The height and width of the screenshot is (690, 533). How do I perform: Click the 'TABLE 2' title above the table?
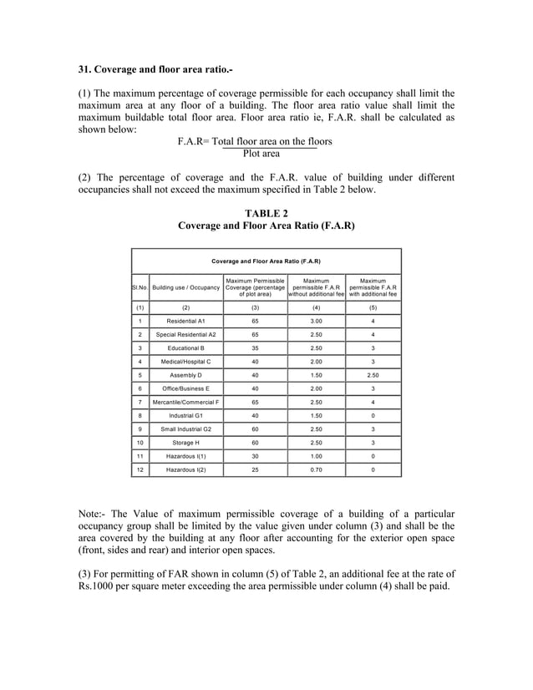266,213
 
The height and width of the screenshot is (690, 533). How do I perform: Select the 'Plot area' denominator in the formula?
261,154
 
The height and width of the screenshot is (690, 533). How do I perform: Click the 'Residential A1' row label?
185,321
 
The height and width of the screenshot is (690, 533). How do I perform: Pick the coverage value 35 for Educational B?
254,348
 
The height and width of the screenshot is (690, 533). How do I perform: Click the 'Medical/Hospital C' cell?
185,362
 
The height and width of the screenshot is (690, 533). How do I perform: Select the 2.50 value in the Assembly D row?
373,375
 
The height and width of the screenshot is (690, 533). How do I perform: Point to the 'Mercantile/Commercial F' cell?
185,402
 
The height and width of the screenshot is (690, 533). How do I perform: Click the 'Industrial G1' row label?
185,415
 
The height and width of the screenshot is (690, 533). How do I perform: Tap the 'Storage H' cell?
185,443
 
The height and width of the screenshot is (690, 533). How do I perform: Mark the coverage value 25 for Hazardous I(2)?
254,469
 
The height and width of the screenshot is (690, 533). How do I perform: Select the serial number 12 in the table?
140,469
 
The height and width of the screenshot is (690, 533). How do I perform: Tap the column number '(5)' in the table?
373,307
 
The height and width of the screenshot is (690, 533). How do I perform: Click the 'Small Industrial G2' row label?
185,429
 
